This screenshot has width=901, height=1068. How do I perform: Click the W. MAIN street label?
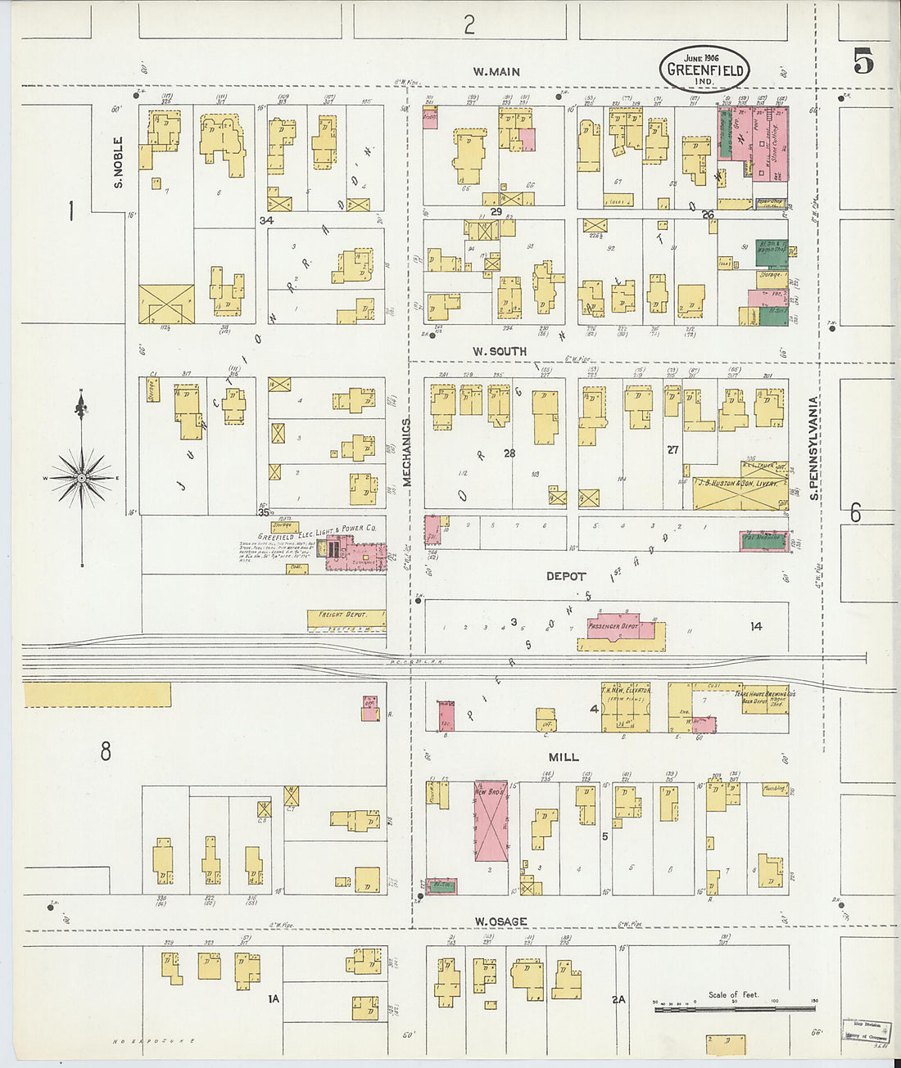[x=496, y=72]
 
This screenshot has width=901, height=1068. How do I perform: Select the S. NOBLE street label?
[x=119, y=162]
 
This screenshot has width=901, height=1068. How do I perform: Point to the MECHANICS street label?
[x=406, y=453]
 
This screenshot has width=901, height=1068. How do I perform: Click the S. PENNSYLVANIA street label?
[x=814, y=448]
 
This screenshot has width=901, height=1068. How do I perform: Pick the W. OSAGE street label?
[x=500, y=922]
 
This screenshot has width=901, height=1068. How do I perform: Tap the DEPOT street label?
[x=566, y=576]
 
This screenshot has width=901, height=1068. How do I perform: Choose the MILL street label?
[x=564, y=757]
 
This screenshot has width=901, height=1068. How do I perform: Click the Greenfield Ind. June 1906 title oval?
[x=704, y=69]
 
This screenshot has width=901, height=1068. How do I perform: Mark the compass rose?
[x=81, y=477]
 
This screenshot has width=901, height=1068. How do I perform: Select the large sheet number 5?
[x=863, y=62]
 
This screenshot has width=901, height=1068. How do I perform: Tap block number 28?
[x=509, y=453]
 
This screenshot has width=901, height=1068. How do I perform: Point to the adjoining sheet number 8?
[x=105, y=750]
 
